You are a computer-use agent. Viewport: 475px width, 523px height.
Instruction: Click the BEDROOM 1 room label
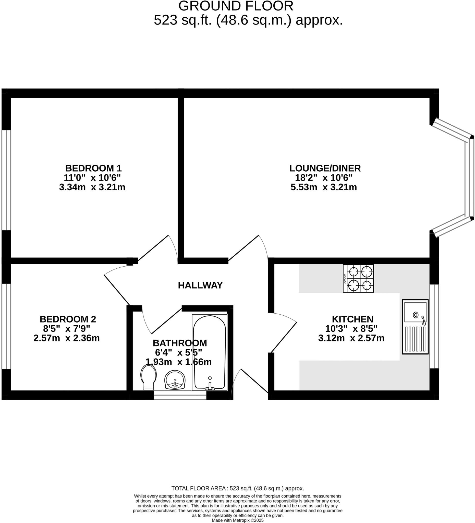pos(93,168)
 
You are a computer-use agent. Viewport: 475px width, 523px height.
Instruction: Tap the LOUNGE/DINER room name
pos(325,168)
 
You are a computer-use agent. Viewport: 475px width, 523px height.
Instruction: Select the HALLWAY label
pos(200,285)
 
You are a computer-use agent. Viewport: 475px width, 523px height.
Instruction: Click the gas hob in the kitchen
pos(358,278)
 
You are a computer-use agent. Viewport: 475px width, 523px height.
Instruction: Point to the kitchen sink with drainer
pos(415,327)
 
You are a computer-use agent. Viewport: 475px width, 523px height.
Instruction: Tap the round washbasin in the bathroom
pos(175,380)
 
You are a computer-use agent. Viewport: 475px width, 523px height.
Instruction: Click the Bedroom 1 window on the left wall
pos(6,180)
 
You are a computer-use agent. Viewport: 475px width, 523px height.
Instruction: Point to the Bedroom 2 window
pos(6,326)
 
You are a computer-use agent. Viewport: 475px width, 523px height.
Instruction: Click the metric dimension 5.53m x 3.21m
pos(324,187)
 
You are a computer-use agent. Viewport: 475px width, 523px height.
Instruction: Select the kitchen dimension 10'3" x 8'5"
pos(351,329)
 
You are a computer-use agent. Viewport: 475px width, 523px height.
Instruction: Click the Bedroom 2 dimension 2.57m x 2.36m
pos(66,338)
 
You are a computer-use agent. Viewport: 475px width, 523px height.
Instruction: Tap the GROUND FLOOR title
pos(236,6)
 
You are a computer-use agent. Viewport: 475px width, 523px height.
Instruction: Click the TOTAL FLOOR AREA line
pos(237,488)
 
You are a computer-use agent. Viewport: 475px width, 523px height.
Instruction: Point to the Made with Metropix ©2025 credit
pos(237,520)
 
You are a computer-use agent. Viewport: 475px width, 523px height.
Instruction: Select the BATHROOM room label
pos(180,343)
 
